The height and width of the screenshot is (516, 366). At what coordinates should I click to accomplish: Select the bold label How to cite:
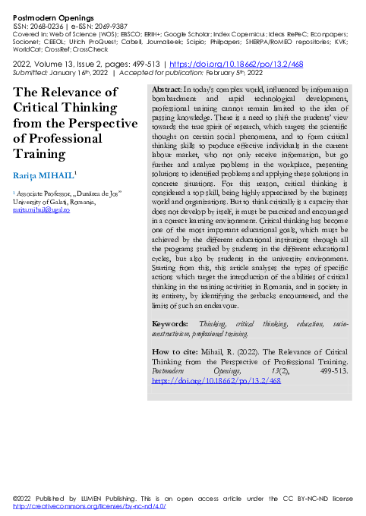coord(175,352)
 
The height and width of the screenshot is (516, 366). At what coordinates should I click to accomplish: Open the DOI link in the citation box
coord(216,380)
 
